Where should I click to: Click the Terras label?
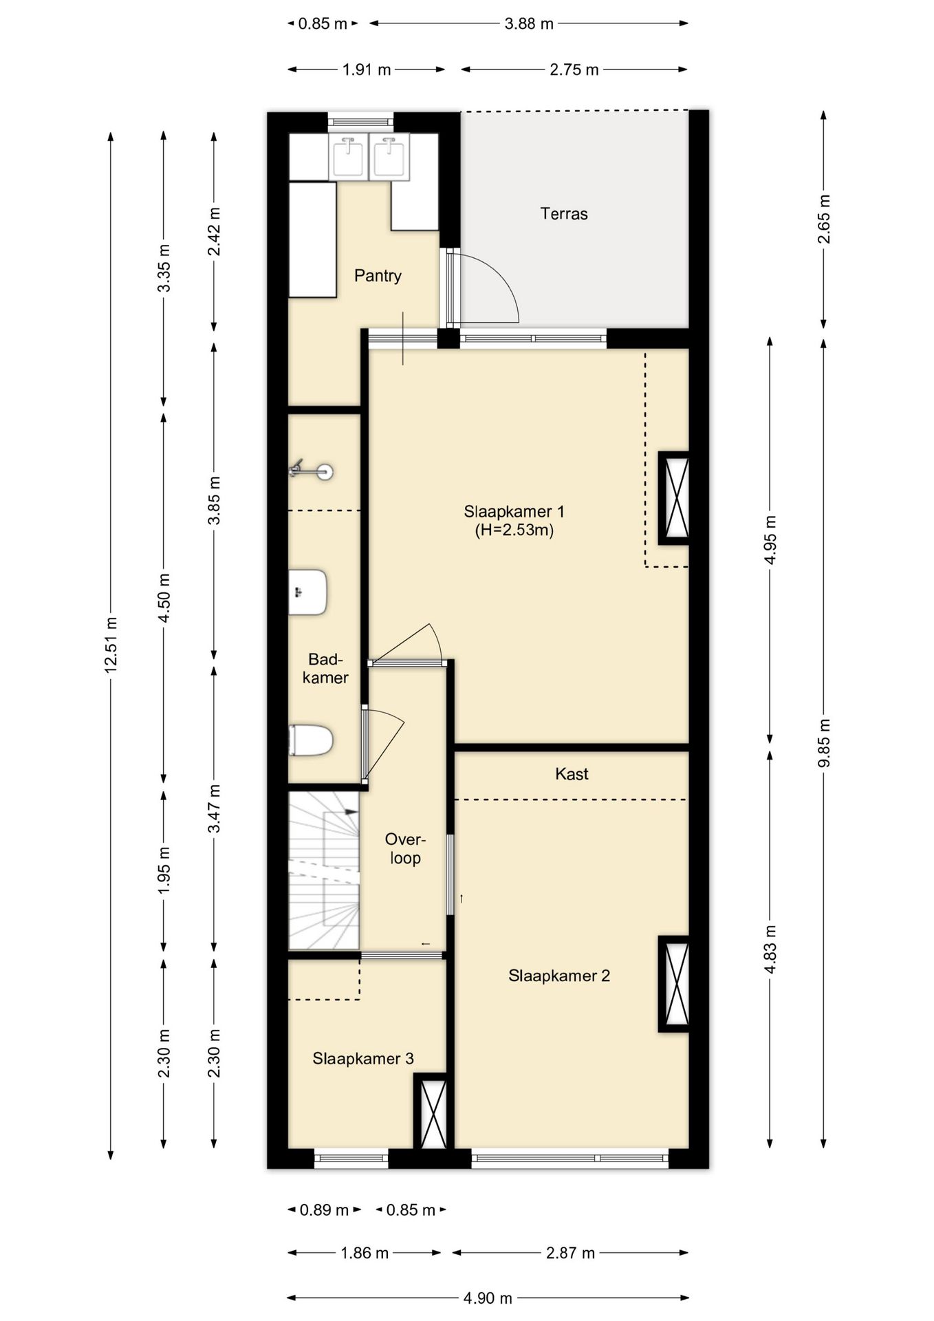(x=564, y=214)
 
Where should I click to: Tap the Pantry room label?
(x=378, y=276)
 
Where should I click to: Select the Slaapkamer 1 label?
(x=514, y=512)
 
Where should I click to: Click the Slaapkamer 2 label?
(x=559, y=976)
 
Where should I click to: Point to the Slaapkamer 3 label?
(x=363, y=1058)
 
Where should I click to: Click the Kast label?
(x=572, y=774)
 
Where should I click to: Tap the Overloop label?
(x=405, y=848)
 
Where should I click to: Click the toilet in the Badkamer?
(x=311, y=740)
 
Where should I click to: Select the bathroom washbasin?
(x=307, y=592)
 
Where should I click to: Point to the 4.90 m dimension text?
(x=488, y=1298)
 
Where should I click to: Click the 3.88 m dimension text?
(x=529, y=23)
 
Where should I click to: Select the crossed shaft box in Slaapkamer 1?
(x=674, y=498)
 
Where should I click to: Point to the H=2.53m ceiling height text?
(x=514, y=530)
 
